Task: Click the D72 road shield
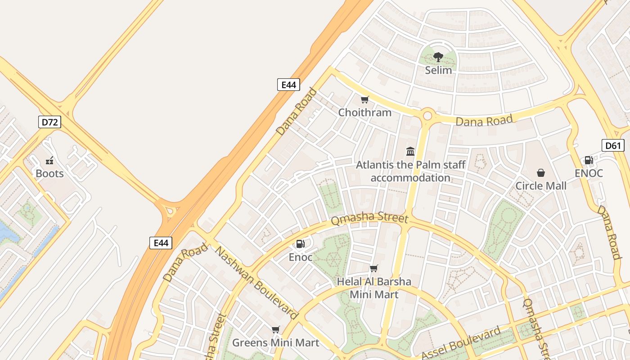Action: (x=49, y=122)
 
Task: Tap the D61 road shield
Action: (x=613, y=145)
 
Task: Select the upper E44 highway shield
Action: (x=288, y=85)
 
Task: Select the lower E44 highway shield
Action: (x=161, y=243)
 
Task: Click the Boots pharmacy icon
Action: (x=49, y=160)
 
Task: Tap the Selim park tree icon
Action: (x=438, y=57)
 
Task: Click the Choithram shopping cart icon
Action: (x=364, y=99)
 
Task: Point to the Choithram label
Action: (x=364, y=112)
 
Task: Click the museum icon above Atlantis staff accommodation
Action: (x=410, y=151)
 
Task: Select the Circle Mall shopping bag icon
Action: (x=540, y=173)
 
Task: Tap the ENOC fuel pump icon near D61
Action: (x=588, y=160)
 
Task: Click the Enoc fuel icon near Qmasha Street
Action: (x=300, y=244)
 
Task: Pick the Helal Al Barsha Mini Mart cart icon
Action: (x=373, y=269)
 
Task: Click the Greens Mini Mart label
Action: (x=275, y=343)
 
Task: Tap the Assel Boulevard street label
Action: (x=461, y=343)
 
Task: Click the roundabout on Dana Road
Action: (x=427, y=116)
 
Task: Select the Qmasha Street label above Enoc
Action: (x=369, y=219)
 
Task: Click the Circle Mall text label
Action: (x=540, y=186)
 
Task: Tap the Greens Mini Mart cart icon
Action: (x=275, y=330)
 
